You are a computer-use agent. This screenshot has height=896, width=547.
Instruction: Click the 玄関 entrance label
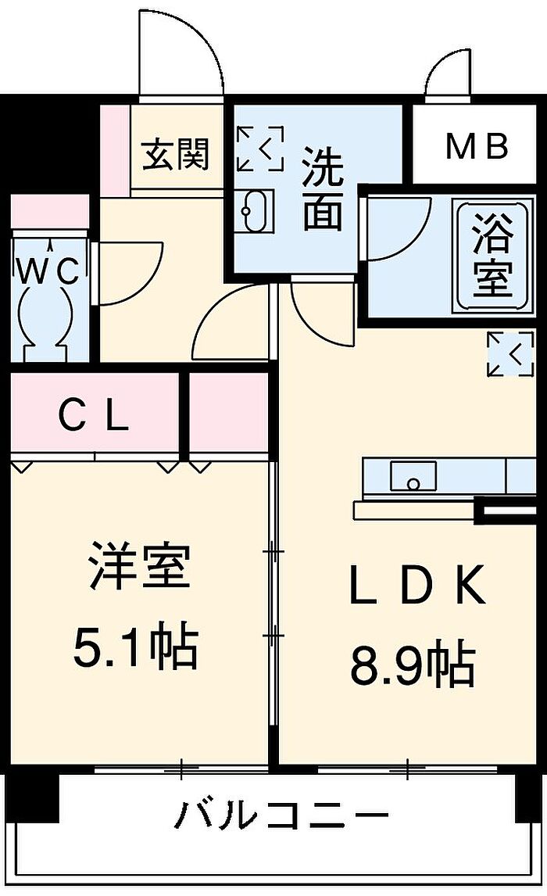(176, 154)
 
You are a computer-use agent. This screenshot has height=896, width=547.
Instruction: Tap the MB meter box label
(477, 146)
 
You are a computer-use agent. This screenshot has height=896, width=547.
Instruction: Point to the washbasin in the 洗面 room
(255, 210)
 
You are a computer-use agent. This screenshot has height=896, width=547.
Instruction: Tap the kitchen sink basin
(413, 475)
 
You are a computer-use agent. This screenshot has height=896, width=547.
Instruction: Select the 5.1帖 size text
(136, 646)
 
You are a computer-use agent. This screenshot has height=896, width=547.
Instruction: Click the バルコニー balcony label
(281, 817)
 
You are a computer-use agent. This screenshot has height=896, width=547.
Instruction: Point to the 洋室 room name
(138, 569)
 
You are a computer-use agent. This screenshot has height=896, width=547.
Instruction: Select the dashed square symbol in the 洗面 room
(259, 147)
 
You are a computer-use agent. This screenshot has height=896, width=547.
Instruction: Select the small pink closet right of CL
(228, 414)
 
